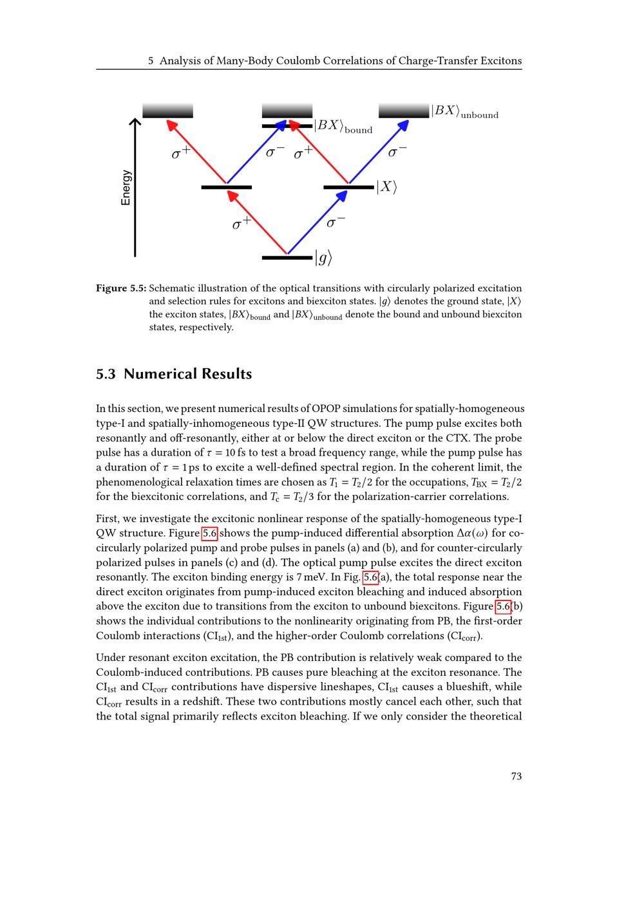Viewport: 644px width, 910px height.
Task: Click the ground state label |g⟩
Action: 323,259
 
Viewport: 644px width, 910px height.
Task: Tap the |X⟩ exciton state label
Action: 386,187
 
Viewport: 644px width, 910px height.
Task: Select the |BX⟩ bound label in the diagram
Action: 343,126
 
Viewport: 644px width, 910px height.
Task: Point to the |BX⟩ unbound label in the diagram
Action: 464,111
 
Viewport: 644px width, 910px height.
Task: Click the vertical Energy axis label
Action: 126,188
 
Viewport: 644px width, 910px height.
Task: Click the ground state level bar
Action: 287,258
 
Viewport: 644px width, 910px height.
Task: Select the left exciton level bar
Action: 226,187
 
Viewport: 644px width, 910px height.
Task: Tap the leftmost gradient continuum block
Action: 167,111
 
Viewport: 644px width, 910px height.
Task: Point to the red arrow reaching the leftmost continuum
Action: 196,152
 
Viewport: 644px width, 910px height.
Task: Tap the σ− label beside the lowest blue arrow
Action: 336,222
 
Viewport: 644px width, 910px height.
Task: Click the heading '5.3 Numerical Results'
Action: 174,374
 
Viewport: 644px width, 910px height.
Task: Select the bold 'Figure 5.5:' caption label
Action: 121,288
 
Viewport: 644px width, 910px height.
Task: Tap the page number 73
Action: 516,776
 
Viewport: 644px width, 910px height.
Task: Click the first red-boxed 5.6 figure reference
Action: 210,533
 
